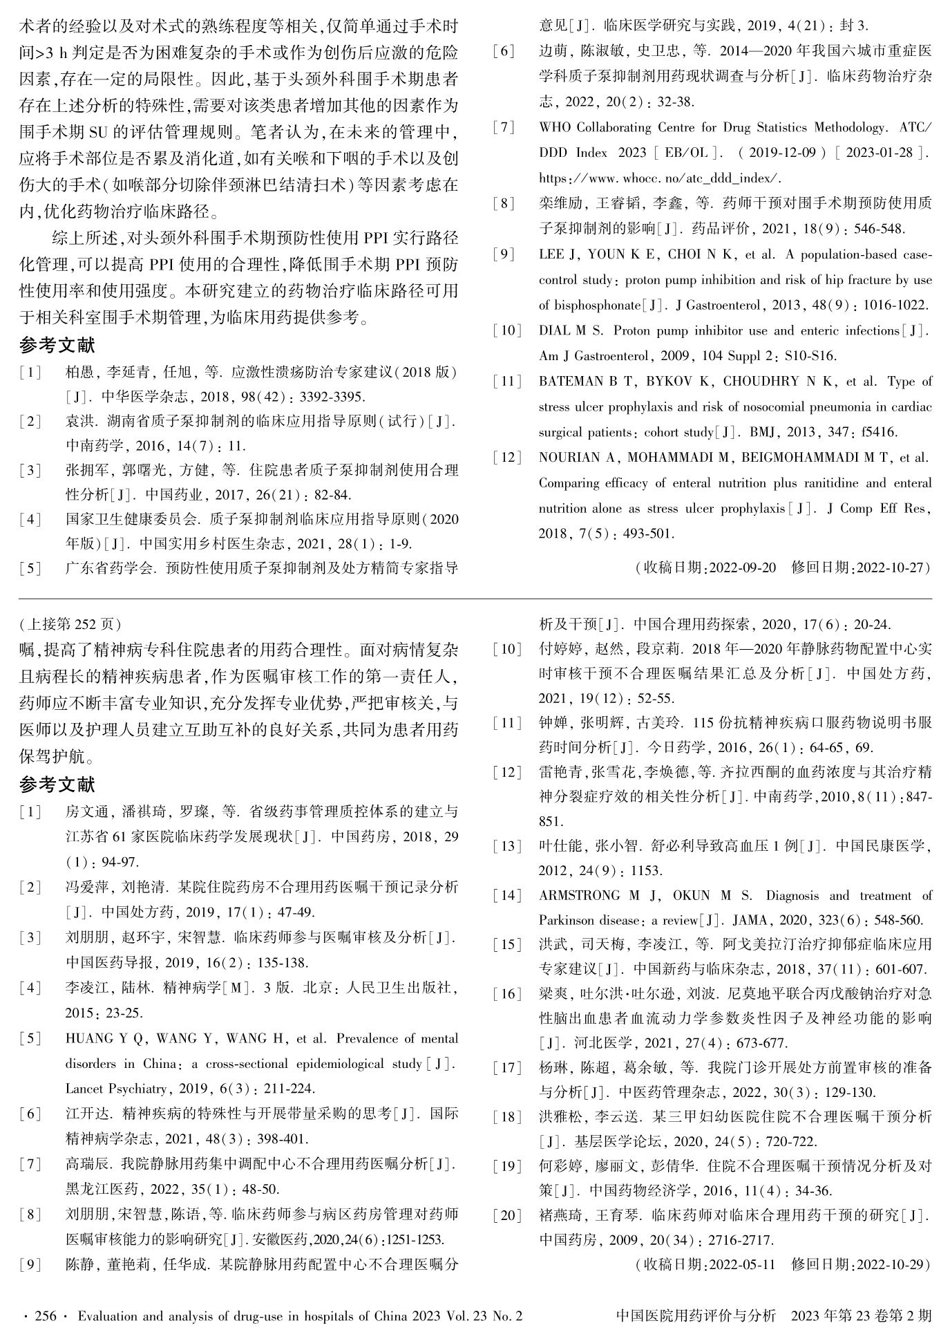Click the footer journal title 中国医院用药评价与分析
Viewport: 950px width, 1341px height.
695,1316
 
